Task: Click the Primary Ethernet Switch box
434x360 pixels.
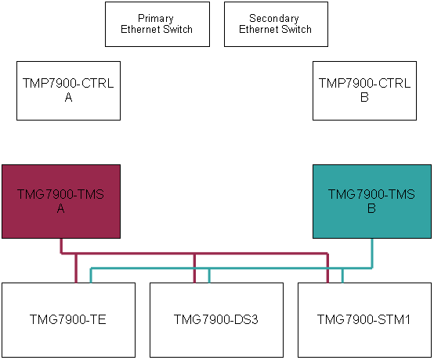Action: coord(157,24)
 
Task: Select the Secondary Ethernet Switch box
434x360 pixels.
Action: coord(276,24)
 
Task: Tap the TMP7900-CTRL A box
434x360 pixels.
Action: coord(68,91)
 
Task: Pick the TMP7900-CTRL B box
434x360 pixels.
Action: coord(364,91)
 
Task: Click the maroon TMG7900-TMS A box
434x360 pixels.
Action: coord(61,201)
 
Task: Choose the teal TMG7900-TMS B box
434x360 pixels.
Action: coord(372,201)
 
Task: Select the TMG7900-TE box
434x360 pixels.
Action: coord(68,320)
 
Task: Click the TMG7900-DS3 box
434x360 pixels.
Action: coord(216,320)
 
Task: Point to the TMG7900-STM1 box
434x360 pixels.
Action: coord(364,320)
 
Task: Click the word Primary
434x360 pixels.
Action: coord(156,19)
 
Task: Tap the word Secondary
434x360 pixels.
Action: coord(274,19)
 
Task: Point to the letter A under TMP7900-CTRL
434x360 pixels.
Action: coord(68,97)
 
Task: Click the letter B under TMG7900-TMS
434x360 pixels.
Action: coord(371,208)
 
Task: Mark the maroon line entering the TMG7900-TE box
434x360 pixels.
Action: coord(76,268)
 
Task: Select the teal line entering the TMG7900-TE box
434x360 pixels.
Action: coord(91,275)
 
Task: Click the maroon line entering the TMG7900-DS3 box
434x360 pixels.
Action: coord(194,268)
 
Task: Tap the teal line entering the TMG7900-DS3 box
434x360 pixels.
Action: coord(209,275)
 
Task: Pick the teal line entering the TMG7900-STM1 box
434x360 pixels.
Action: coord(342,275)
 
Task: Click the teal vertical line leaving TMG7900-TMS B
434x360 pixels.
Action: coord(372,254)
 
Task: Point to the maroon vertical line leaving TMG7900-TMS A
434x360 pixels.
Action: coord(61,246)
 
